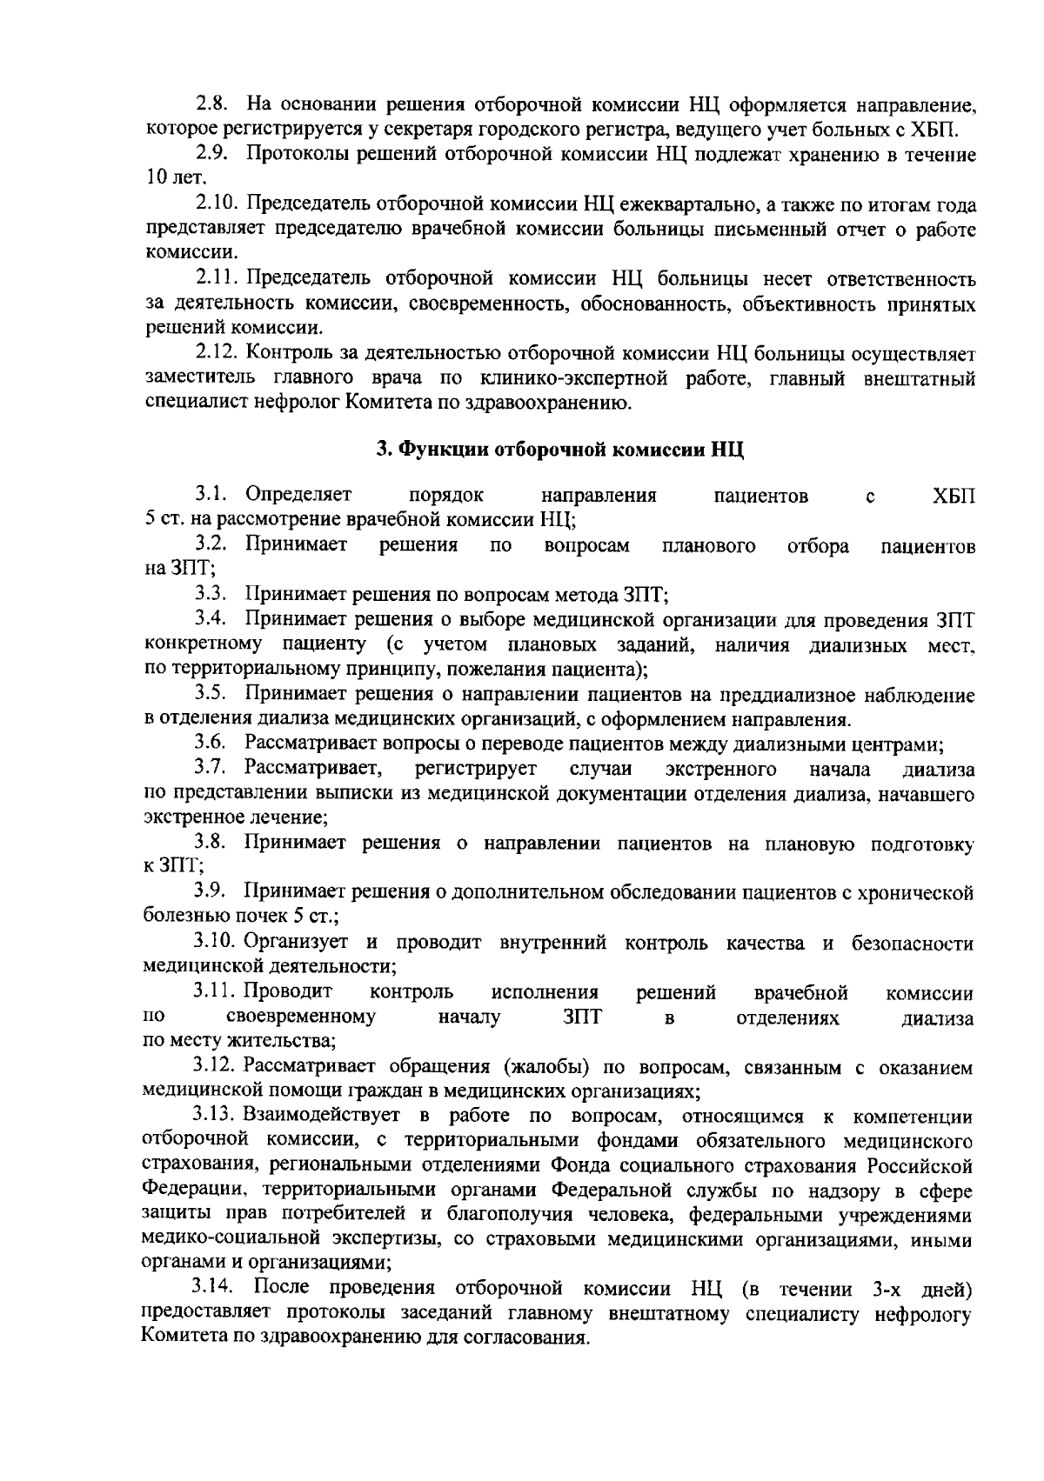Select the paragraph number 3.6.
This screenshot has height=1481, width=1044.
[211, 744]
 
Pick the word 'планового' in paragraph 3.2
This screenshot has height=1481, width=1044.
[707, 545]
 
